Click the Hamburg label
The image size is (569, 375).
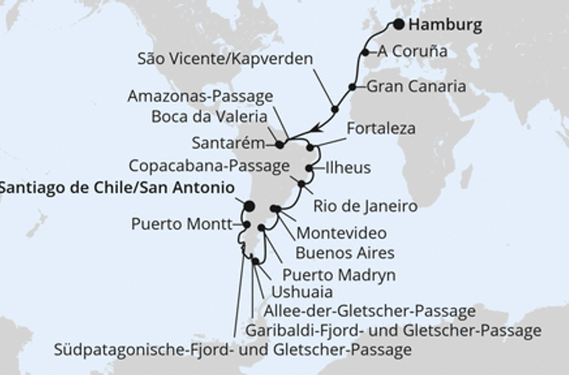point(445,25)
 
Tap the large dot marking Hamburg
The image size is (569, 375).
point(398,24)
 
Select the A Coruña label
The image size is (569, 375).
point(413,52)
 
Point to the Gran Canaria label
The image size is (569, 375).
point(416,86)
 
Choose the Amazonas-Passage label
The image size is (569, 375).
point(201,96)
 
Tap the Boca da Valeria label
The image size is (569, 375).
point(206,119)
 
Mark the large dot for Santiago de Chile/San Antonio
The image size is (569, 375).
point(249,207)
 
